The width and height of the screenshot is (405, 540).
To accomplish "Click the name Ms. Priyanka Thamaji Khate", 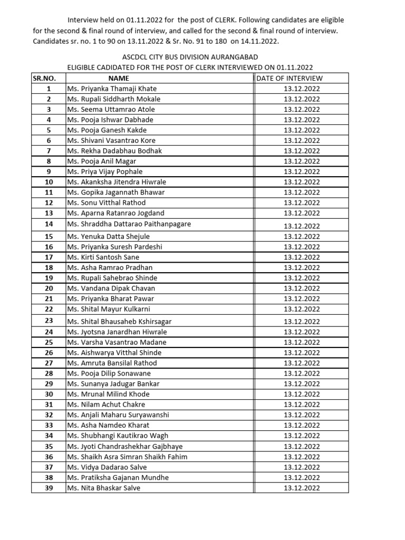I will pyautogui.click(x=111, y=89).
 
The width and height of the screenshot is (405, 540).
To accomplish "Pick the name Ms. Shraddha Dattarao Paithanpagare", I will pyautogui.click(x=129, y=224).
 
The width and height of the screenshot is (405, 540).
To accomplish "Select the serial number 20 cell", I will pyautogui.click(x=49, y=288).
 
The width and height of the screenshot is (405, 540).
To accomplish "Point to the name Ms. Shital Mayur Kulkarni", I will pyautogui.click(x=108, y=309).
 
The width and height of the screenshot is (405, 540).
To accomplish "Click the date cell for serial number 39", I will pyautogui.click(x=301, y=488).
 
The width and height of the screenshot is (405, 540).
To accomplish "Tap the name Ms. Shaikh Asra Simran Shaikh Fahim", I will pyautogui.click(x=127, y=457).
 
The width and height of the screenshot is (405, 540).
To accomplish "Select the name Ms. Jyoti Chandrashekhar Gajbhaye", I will pyautogui.click(x=124, y=446).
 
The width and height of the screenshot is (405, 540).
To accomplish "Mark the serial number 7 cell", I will pyautogui.click(x=49, y=151).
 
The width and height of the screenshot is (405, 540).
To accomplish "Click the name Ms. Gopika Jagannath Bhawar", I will pyautogui.click(x=115, y=192).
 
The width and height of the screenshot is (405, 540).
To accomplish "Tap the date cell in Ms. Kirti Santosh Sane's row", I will pyautogui.click(x=301, y=257).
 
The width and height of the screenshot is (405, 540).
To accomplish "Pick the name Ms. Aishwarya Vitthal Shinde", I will pyautogui.click(x=114, y=353).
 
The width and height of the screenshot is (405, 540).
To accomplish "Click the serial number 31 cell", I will pyautogui.click(x=49, y=404).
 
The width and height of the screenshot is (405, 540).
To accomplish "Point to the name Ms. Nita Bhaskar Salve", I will pyautogui.click(x=103, y=488).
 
